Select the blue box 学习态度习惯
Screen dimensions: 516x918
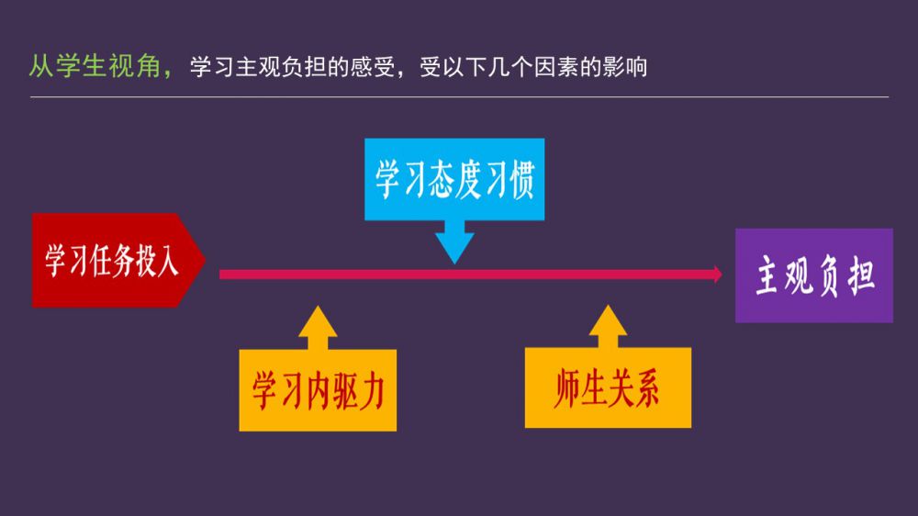point(453,179)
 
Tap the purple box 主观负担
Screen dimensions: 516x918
point(813,275)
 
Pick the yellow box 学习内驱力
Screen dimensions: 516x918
point(318,390)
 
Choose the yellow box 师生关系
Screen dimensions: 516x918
point(608,388)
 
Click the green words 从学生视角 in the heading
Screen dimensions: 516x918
point(92,67)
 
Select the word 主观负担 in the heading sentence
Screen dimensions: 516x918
point(268,68)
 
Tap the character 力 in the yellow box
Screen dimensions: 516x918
point(370,391)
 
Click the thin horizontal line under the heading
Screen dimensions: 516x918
point(459,96)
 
